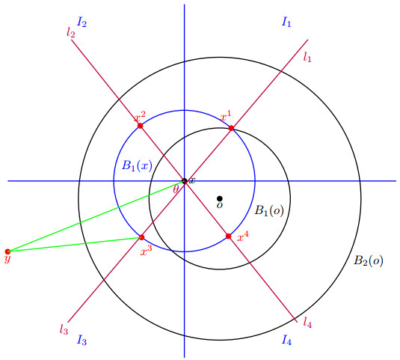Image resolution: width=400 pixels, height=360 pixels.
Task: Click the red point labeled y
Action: (x=7, y=251)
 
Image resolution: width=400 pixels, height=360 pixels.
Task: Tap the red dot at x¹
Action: (x=231, y=128)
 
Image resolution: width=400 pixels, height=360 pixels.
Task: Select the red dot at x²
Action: (x=140, y=126)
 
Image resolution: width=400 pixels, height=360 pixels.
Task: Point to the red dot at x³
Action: (x=141, y=237)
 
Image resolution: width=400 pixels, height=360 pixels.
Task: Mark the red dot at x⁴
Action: (x=228, y=237)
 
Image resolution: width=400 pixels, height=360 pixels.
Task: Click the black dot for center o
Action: (x=219, y=198)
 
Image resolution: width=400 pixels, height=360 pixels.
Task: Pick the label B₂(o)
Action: (x=368, y=260)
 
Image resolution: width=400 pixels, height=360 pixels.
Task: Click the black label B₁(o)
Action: (x=269, y=210)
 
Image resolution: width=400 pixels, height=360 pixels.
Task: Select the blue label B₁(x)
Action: (x=138, y=165)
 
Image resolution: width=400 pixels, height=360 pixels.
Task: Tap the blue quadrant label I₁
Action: (x=286, y=22)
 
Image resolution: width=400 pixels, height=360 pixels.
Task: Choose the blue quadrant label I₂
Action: (x=81, y=22)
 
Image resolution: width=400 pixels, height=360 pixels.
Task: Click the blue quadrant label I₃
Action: (x=81, y=340)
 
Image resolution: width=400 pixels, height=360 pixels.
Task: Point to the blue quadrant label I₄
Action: (x=286, y=340)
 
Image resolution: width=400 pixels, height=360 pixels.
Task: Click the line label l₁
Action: (x=307, y=57)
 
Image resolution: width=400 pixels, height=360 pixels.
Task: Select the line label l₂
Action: (x=71, y=33)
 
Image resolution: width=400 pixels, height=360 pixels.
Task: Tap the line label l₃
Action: (x=64, y=329)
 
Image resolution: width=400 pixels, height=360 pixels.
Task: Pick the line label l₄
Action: (x=307, y=323)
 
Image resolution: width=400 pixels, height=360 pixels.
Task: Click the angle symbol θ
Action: (x=176, y=189)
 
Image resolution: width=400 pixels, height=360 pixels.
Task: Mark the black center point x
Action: (x=184, y=181)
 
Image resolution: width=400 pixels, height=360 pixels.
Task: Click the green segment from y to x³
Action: (x=75, y=244)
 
